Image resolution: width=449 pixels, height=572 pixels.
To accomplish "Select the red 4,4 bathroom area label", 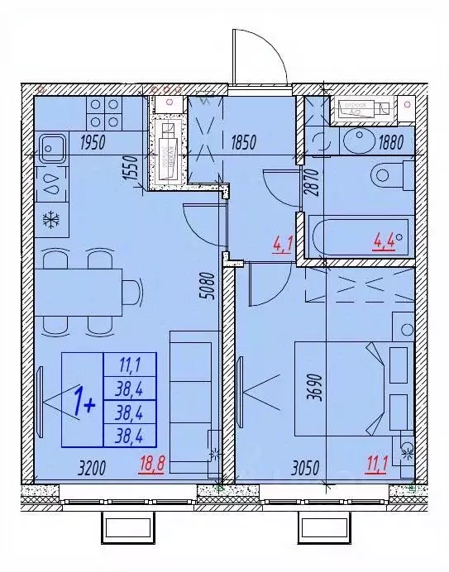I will click(385, 242).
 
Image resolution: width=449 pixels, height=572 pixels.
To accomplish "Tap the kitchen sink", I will click(52, 149).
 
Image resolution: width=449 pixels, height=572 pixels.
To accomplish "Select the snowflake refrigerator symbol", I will click(51, 221).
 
